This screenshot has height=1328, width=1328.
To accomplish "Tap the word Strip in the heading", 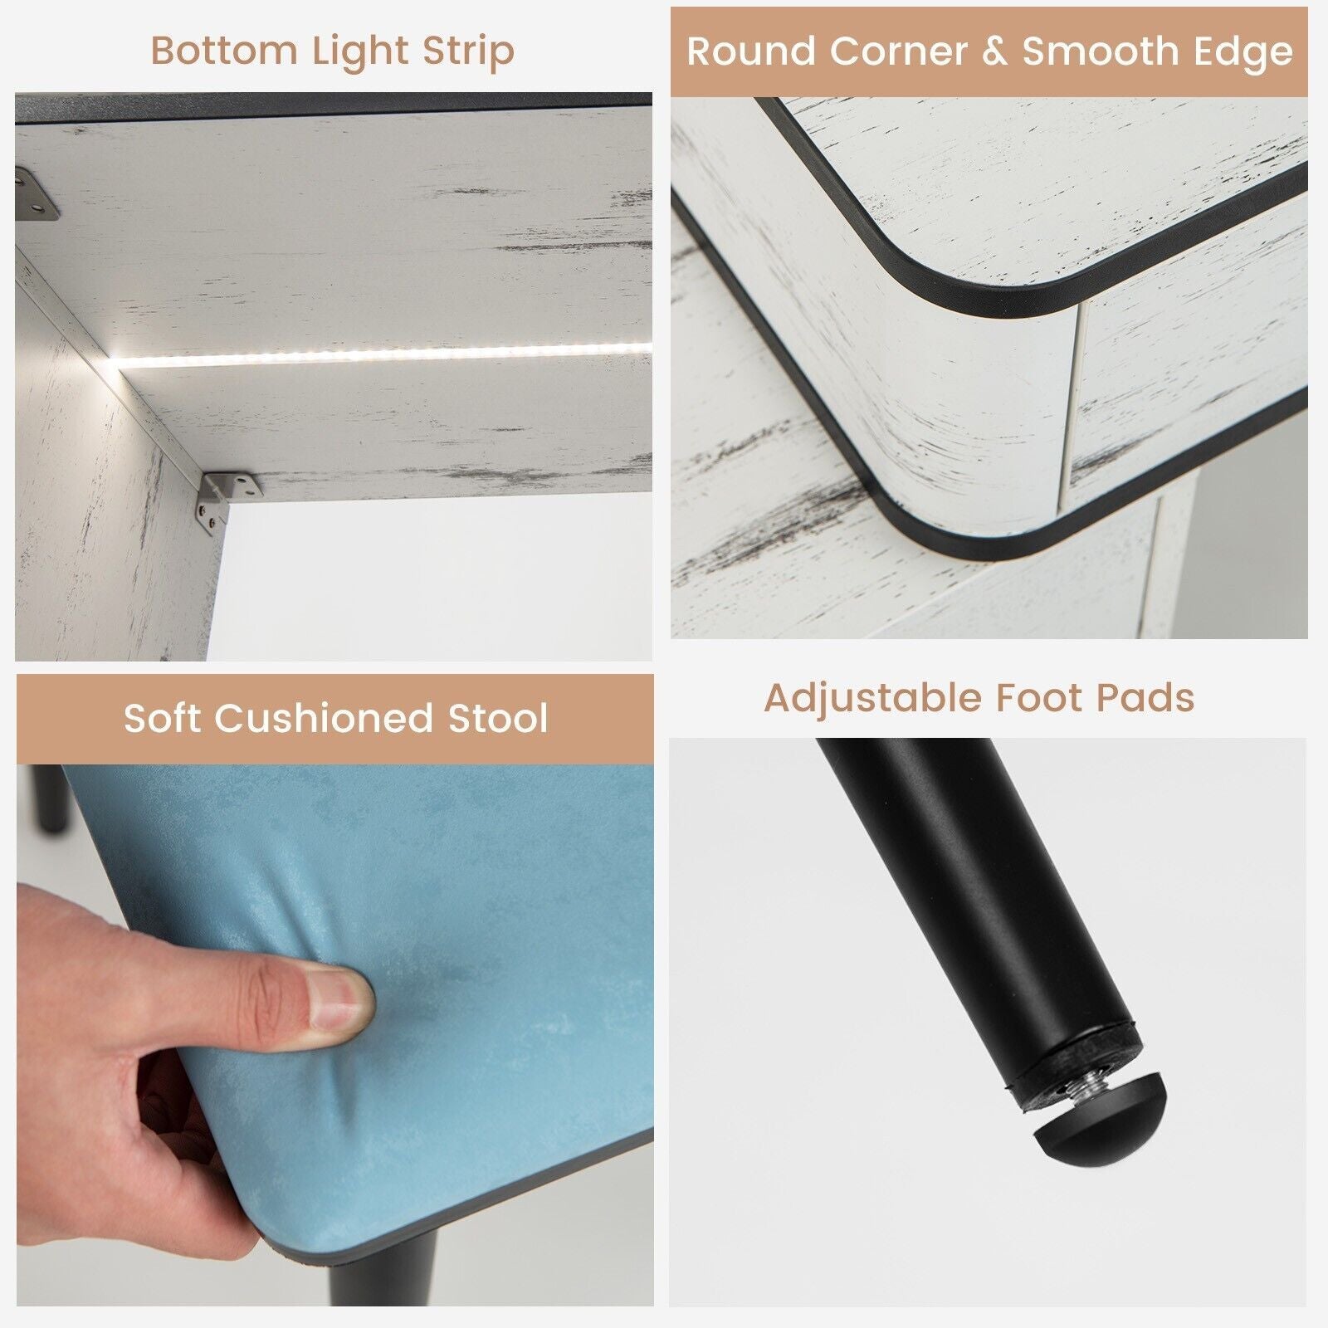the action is (468, 52).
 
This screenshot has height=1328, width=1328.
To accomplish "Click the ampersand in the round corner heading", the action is (994, 51).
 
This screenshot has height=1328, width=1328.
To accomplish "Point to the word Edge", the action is (1243, 53).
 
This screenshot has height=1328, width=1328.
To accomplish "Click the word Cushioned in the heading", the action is (324, 718).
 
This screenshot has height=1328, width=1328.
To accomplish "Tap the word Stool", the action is (498, 718).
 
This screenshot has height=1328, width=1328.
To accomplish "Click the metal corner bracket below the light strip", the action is (226, 496).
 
